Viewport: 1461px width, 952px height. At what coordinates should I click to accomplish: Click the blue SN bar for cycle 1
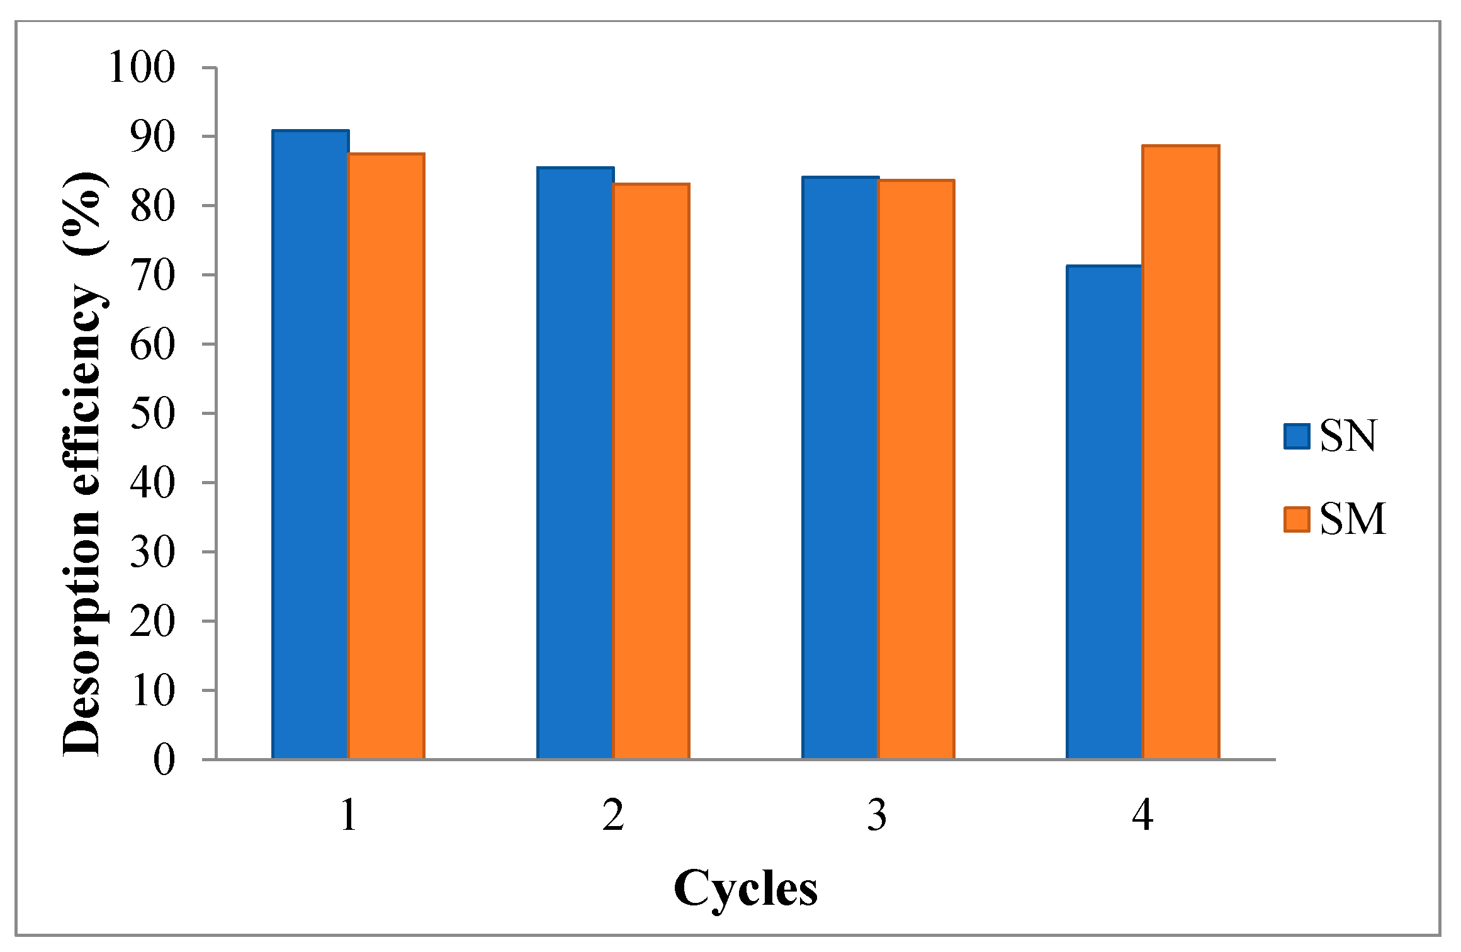[310, 444]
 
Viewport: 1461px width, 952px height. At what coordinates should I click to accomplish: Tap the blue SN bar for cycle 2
[575, 463]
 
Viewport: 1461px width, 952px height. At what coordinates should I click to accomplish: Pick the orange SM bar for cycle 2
[652, 471]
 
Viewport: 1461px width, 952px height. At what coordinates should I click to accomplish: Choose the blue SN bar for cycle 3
[840, 467]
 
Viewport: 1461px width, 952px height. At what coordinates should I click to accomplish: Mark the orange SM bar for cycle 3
[917, 469]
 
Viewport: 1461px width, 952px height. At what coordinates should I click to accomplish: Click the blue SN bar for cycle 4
[1105, 512]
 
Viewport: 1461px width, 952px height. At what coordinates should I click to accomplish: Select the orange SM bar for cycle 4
[1181, 451]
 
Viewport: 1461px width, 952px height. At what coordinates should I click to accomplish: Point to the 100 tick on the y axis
[142, 68]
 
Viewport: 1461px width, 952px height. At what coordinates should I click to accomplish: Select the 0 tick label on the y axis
[164, 760]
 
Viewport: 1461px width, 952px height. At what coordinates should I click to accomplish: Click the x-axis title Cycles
[745, 888]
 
